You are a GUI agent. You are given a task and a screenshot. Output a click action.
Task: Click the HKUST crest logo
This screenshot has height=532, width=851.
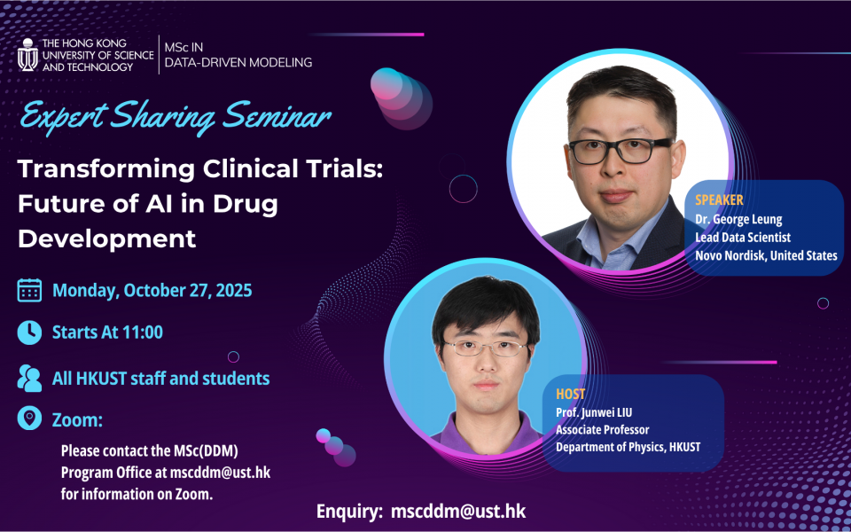27,55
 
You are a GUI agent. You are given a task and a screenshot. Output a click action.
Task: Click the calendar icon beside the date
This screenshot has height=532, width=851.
29,291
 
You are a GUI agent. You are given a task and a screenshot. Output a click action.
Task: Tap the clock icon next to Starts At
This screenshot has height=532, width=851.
29,332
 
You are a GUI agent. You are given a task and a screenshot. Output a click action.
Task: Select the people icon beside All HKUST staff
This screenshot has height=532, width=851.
29,379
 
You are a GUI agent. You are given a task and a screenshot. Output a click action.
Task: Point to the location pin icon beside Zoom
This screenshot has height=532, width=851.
29,419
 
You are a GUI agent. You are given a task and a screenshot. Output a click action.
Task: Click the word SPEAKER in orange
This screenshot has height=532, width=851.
719,199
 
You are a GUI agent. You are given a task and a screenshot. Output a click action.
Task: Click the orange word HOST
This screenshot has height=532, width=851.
570,394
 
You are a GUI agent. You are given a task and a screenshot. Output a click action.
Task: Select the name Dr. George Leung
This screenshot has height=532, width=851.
738,220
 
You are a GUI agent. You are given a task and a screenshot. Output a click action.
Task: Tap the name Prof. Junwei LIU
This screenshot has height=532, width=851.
594,412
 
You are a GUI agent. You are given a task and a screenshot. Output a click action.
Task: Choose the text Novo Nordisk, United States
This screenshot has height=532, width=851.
766,255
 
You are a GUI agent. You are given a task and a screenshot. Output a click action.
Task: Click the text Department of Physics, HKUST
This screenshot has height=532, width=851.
628,447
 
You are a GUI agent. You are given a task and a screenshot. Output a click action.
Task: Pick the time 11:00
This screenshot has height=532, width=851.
144,332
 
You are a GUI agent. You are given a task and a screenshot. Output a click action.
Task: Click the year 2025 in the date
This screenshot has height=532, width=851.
233,291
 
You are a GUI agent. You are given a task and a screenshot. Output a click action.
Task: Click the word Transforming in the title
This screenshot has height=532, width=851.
105,171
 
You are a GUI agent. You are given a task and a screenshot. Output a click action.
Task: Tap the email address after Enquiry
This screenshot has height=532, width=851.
458,511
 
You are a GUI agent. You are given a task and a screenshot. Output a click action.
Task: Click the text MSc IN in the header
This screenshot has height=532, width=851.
184,47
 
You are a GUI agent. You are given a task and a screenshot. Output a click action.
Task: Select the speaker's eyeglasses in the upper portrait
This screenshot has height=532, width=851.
620,152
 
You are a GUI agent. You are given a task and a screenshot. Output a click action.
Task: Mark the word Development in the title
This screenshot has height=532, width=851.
107,239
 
